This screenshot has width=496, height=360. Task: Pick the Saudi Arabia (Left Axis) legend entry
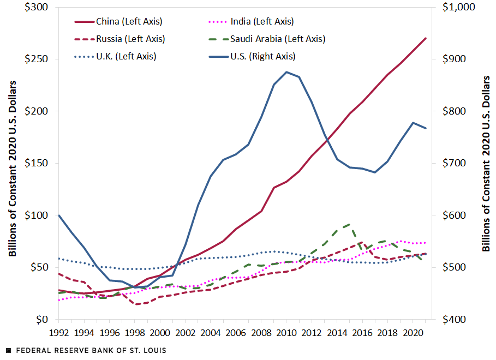click(x=277, y=39)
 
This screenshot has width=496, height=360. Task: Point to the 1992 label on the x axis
click(x=58, y=332)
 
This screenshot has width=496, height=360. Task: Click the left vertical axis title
click(x=13, y=168)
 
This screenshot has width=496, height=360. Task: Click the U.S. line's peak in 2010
click(x=286, y=72)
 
